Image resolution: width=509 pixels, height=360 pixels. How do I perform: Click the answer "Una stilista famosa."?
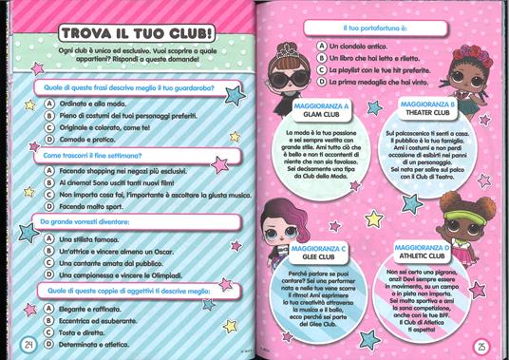pos(93,237)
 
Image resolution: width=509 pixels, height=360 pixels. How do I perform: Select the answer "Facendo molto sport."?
pos(95,204)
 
